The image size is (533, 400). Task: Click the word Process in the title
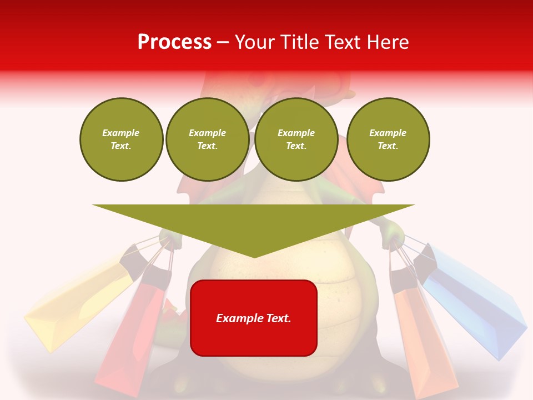(174, 42)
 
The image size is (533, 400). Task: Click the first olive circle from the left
(121, 139)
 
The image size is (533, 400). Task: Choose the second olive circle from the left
(207, 139)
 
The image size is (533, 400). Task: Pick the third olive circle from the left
(296, 139)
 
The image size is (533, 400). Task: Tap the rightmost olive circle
(388, 139)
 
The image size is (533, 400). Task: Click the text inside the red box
(254, 318)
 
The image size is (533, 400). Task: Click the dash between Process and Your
(223, 42)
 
